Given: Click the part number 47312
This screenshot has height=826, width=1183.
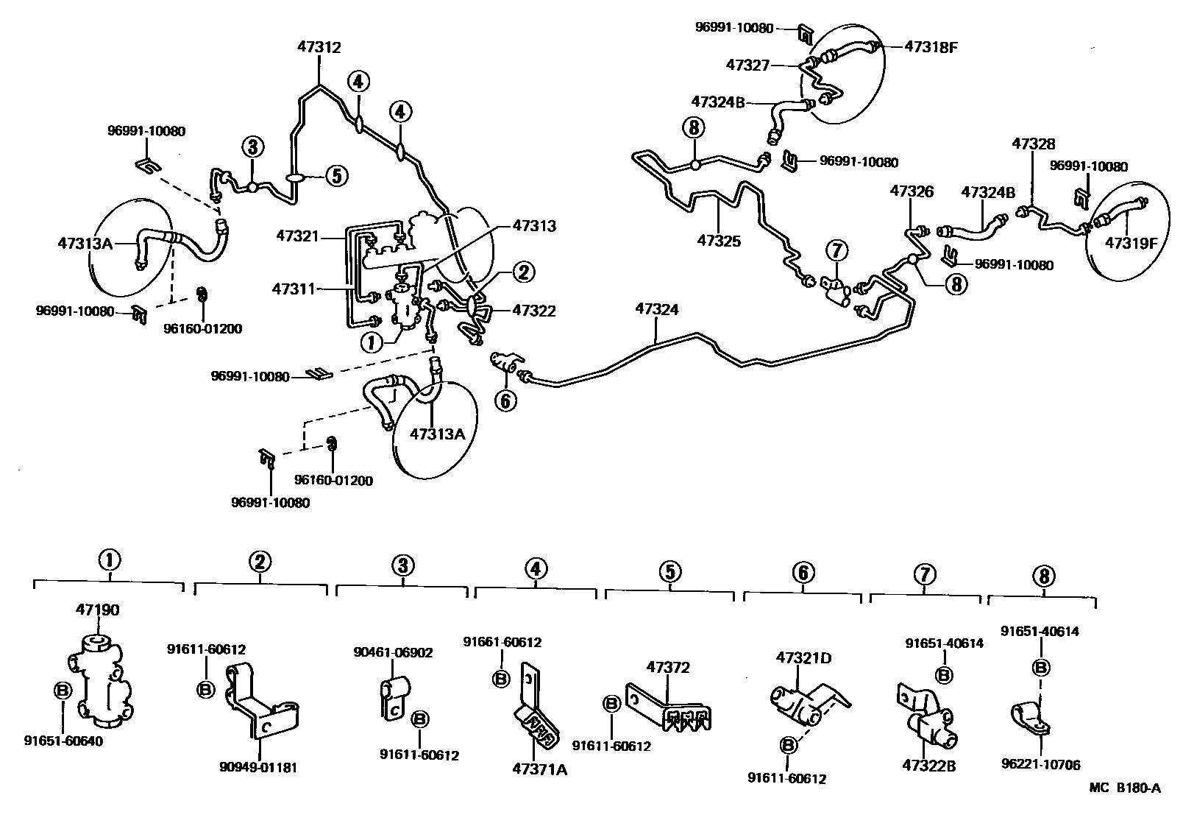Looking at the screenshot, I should [x=319, y=47].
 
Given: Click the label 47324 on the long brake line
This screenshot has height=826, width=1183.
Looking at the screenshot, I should [x=656, y=310].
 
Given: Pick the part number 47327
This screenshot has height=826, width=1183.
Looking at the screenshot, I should [x=747, y=65].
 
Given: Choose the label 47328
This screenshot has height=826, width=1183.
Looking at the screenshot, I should [x=1033, y=144].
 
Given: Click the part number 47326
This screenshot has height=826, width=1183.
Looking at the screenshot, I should [x=912, y=191].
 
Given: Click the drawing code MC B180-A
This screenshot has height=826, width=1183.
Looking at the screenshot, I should [x=1125, y=788].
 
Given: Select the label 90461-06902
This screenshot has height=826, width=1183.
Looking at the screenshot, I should [x=393, y=652].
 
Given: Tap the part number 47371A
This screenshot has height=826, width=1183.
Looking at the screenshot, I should [x=540, y=770].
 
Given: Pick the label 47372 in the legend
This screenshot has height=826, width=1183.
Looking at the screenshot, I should [x=668, y=668].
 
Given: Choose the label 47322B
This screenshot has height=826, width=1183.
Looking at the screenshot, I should [x=928, y=766].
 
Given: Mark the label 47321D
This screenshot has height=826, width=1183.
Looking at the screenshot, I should [x=804, y=657].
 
